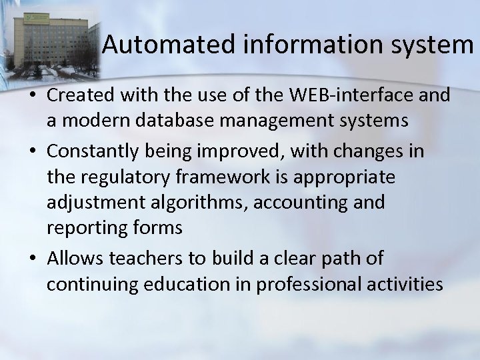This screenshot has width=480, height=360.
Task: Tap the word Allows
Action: coord(75,257)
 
